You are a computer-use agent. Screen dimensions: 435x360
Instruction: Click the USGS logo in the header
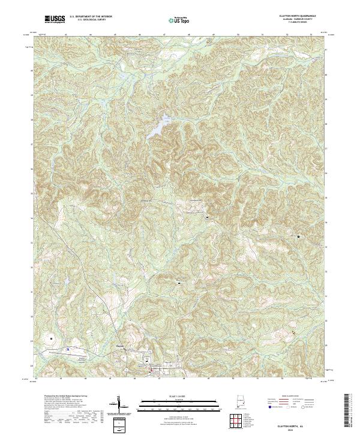[55, 19]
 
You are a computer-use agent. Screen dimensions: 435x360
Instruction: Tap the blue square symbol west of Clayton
[69, 347]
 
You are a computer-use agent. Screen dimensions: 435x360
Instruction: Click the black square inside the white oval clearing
[51, 338]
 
